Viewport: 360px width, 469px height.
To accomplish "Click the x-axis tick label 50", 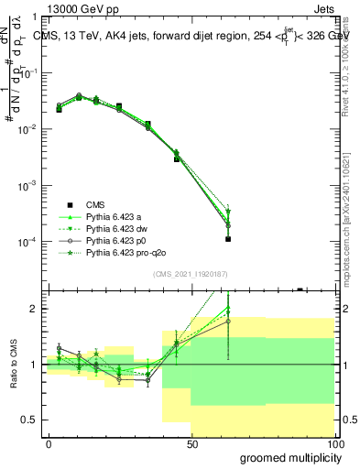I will point(191,443).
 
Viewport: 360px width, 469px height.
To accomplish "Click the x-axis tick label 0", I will point(49,443).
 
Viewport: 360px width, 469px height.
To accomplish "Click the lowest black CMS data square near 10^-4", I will point(227,239).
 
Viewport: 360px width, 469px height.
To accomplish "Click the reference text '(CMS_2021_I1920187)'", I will point(191,273).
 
